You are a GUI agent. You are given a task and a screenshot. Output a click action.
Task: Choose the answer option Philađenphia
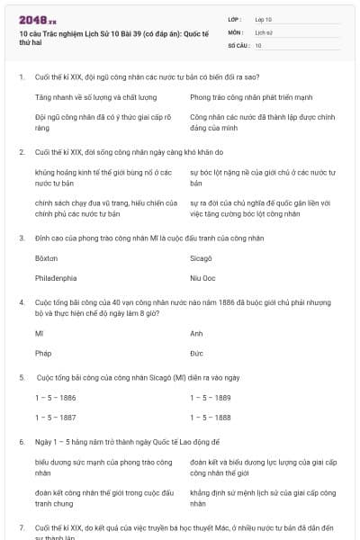[x=56, y=278]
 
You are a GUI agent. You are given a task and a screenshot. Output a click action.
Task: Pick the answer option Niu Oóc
[x=203, y=278]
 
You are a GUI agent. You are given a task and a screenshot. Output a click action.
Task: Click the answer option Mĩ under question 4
[x=39, y=332]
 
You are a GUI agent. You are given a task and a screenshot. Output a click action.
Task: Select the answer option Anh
[x=196, y=332]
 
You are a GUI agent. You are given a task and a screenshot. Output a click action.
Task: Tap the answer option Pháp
[x=43, y=354]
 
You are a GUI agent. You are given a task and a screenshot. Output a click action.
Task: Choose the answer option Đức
[x=196, y=354]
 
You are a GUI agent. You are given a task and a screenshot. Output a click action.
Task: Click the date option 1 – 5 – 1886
[x=55, y=397]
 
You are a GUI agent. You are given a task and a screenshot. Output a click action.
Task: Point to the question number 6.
[x=21, y=443]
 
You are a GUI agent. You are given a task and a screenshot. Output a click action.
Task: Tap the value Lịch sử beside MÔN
[x=264, y=31]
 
